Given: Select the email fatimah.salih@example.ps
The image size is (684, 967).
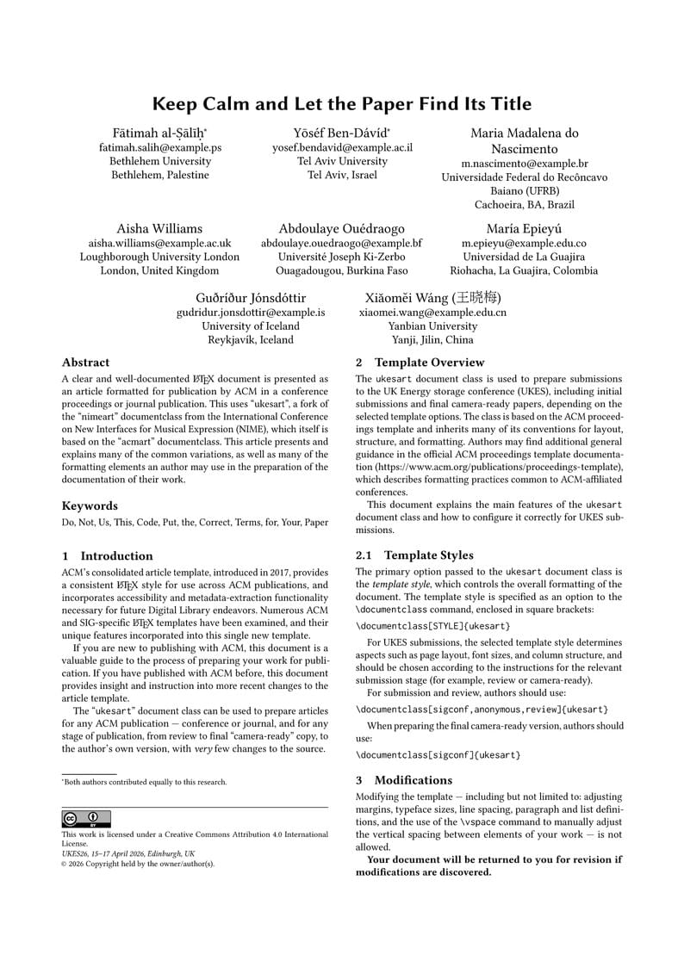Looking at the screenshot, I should click(x=160, y=147).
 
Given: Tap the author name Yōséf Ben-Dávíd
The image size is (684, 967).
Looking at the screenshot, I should click(x=342, y=133).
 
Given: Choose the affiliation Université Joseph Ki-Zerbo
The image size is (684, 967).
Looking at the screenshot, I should click(x=342, y=257).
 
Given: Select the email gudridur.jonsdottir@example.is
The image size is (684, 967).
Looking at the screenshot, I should click(x=251, y=313).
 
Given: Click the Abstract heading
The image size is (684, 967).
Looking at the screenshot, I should click(x=85, y=363).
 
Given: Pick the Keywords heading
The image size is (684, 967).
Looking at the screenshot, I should click(x=90, y=505).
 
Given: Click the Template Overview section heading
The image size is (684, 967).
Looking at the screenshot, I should click(x=429, y=363).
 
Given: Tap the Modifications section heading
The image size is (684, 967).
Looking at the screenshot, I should click(x=413, y=780).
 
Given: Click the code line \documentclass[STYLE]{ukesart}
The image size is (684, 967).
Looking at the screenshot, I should click(x=433, y=625).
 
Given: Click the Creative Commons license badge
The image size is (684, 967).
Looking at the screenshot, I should click(x=86, y=819).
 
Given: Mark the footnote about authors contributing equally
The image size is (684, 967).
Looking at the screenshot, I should click(x=145, y=782).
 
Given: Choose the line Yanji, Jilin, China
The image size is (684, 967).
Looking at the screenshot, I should click(x=432, y=340).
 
